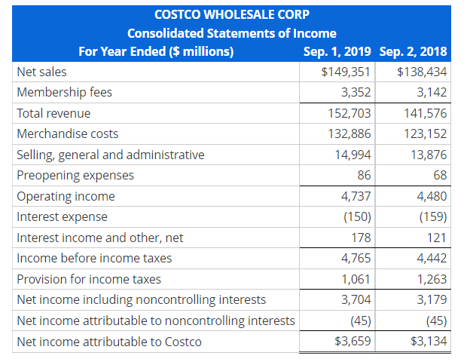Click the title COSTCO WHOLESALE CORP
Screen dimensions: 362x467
tap(231, 14)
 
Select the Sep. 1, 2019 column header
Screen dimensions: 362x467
tap(337, 51)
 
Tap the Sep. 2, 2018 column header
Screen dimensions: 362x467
tap(414, 51)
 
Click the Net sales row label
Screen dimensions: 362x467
tap(41, 72)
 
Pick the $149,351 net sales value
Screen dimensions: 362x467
tap(345, 72)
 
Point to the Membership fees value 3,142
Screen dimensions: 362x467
tap(432, 92)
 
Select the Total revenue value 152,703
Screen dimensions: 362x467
tap(350, 113)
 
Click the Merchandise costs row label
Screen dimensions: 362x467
tap(68, 133)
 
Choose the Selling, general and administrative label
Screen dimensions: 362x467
tap(110, 155)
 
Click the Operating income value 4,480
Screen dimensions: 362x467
tap(432, 196)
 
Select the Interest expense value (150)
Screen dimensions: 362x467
tap(355, 216)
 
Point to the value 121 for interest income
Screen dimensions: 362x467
tap(437, 238)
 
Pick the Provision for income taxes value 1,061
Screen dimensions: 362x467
tap(356, 279)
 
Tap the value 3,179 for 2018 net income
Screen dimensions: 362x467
tap(432, 299)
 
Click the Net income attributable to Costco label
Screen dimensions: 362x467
tap(109, 342)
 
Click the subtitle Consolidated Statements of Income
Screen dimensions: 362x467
tap(231, 33)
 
